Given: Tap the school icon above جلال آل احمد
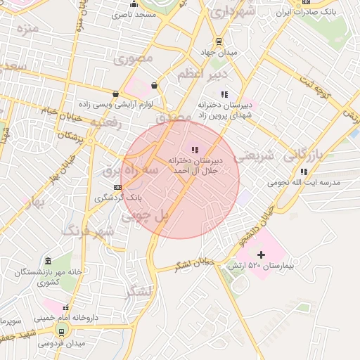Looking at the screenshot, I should pos(195,150).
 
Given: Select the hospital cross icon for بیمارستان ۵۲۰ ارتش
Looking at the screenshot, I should pos(262,254).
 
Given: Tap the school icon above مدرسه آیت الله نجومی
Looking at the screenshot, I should pos(303,171).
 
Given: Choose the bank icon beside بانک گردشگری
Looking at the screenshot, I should pos(117,187).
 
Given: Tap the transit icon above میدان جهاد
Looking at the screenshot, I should pos(219,41).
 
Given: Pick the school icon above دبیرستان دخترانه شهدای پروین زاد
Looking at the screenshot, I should pos(224,94).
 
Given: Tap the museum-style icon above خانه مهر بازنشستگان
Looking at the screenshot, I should pos(47,261).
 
